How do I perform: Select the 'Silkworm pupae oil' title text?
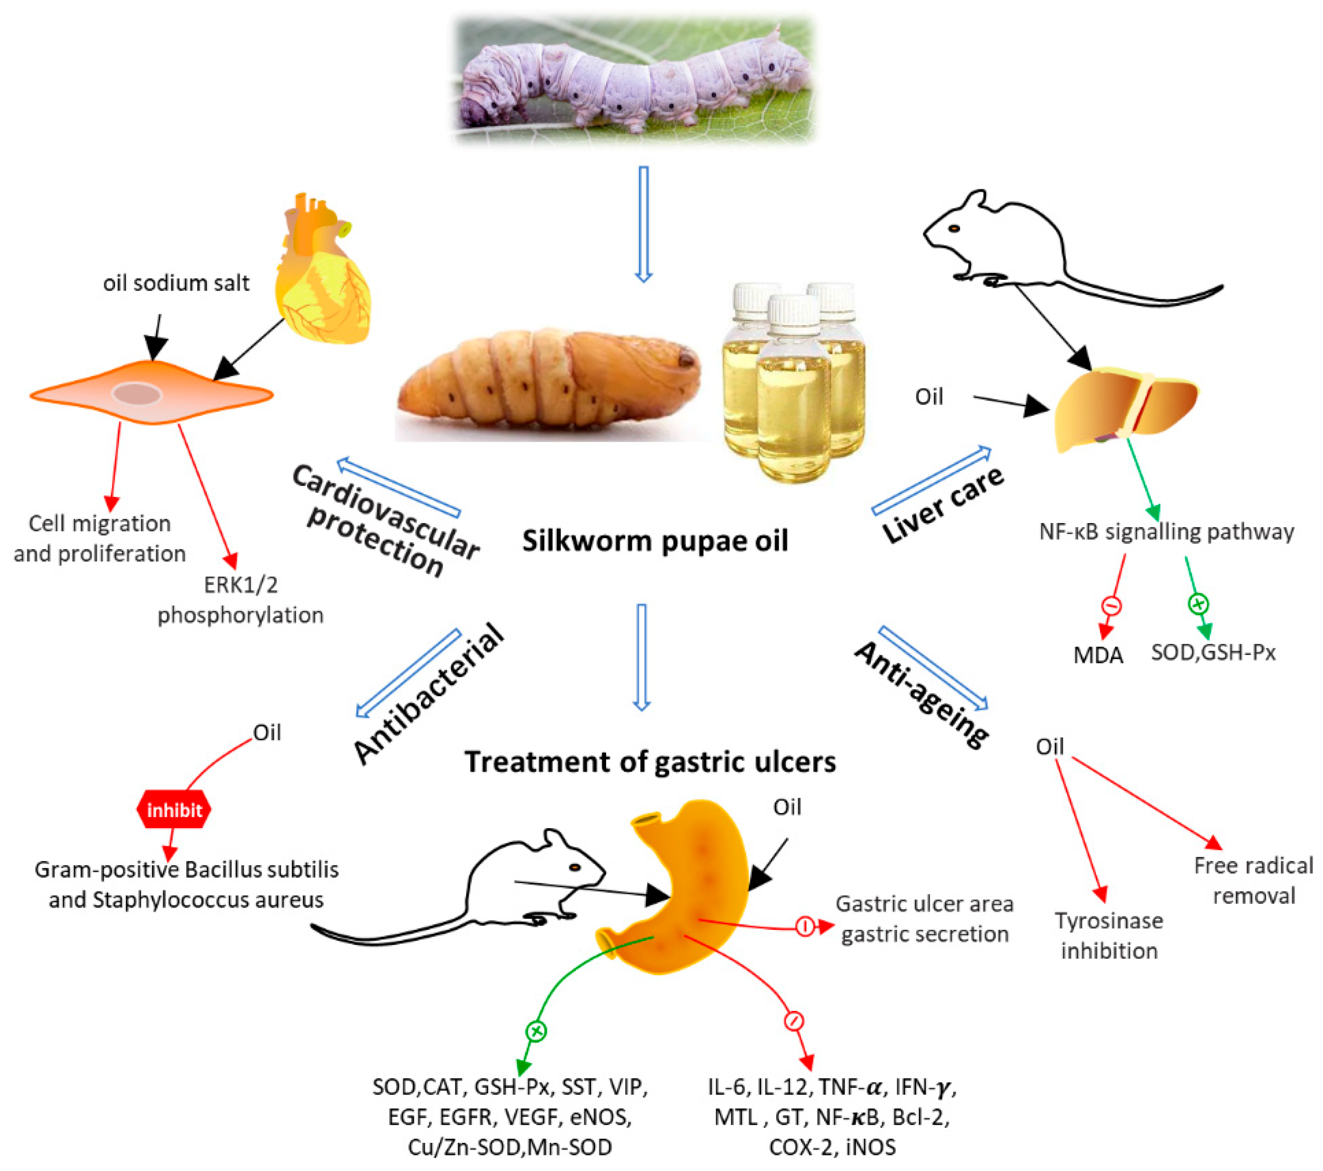(x=655, y=541)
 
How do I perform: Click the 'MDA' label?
(x=1098, y=655)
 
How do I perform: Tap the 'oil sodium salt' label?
(x=176, y=283)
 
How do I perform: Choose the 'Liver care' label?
(x=942, y=504)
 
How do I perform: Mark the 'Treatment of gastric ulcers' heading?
(x=650, y=762)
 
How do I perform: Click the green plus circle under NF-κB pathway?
(x=1198, y=604)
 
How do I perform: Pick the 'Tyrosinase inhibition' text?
(x=1109, y=935)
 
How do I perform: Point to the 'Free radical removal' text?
(x=1253, y=881)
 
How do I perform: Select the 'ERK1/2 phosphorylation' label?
(x=240, y=600)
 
